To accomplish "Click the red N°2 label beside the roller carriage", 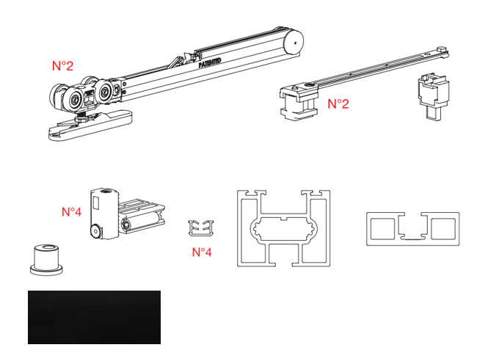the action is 62,65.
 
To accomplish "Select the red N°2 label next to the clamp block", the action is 338,103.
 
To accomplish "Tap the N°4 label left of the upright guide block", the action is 71,211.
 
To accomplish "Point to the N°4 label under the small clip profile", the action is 202,252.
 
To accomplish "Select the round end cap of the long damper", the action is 294,42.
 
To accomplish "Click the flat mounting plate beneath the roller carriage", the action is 90,124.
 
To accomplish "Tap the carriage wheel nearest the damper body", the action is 103,92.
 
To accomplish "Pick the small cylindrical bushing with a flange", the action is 46,260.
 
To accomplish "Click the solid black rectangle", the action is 94,317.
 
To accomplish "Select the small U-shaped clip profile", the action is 201,228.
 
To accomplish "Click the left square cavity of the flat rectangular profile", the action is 382,229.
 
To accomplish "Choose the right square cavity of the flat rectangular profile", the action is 443,229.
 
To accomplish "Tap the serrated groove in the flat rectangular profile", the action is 412,237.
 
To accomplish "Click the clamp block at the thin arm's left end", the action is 299,101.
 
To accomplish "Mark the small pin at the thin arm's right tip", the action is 442,49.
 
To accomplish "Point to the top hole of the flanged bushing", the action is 48,247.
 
